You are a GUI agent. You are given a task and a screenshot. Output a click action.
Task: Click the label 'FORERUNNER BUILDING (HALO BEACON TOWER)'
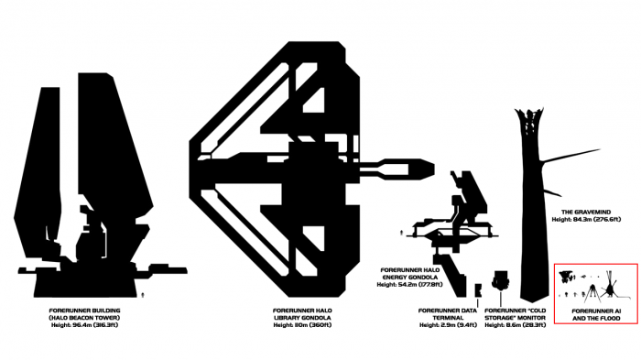pos(84,314)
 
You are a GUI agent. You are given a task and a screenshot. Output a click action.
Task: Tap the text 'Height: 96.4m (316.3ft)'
pos(84,325)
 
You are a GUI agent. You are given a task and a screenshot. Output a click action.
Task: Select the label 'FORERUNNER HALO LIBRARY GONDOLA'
pos(302,314)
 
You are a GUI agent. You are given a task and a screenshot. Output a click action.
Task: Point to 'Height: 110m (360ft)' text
pos(302,325)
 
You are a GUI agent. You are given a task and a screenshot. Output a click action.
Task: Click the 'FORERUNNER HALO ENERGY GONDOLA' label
pos(410,274)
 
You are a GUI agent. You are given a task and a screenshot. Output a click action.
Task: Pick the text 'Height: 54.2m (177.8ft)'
pos(410,285)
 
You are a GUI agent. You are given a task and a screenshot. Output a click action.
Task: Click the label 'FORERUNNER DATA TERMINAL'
pos(448,314)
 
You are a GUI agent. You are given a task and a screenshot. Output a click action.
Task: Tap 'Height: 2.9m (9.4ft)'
pos(448,325)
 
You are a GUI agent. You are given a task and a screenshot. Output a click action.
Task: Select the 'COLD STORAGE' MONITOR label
pos(515,314)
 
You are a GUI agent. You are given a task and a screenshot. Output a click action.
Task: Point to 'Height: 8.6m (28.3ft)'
pos(515,325)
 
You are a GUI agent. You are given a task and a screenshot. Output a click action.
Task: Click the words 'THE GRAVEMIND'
pos(586,212)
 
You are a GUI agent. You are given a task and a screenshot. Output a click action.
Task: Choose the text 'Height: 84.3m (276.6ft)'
pos(586,220)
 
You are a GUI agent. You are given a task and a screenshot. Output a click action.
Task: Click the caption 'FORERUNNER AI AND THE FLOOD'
pos(596,314)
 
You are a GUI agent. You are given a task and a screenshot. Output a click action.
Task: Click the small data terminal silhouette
pos(478,290)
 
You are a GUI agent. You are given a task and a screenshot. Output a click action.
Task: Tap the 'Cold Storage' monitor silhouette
pos(500,280)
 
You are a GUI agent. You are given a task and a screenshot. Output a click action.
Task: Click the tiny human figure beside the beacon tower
pos(143,295)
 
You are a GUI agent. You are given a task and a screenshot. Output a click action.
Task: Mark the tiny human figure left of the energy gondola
pos(401,233)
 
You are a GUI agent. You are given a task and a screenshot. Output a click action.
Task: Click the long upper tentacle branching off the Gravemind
pos(570,156)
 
